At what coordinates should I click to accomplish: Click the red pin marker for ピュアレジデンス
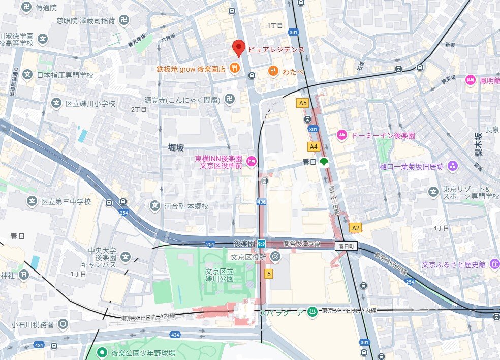pyautogui.click(x=239, y=48)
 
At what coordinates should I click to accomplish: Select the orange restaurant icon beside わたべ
pyautogui.click(x=273, y=71)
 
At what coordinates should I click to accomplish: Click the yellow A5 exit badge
pyautogui.click(x=303, y=103)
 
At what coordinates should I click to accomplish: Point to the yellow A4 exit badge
pyautogui.click(x=314, y=146)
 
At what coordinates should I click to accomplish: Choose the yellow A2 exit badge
pyautogui.click(x=356, y=228)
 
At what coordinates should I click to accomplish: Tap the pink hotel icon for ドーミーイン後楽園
pyautogui.click(x=342, y=135)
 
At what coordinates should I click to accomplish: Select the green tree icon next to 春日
pyautogui.click(x=324, y=163)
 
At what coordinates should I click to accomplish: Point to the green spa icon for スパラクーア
pyautogui.click(x=313, y=312)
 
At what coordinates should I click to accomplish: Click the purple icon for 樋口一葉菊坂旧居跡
pyautogui.click(x=453, y=166)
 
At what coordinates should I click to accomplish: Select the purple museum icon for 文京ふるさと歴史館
pyautogui.click(x=494, y=265)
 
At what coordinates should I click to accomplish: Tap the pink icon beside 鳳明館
pyautogui.click(x=471, y=80)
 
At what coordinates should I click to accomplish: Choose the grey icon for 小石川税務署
pyautogui.click(x=63, y=323)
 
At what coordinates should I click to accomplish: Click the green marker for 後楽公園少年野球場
pyautogui.click(x=102, y=352)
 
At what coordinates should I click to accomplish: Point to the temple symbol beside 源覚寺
pyautogui.click(x=230, y=100)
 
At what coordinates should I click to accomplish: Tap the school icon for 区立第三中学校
pyautogui.click(x=33, y=202)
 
